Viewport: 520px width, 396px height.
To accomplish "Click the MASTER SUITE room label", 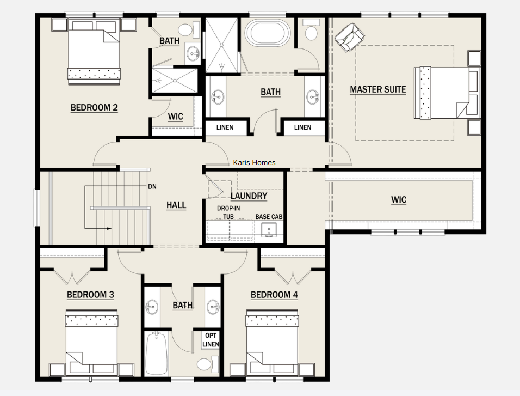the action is coord(377,89).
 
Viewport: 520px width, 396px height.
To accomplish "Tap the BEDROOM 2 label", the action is coord(94,108).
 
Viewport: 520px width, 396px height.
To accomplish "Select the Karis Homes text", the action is coord(255,162).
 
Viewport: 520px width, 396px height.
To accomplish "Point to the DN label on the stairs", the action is coord(152,187).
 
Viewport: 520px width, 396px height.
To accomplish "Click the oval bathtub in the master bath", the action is coord(267,33).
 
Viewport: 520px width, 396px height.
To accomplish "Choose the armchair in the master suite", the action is coord(349,37).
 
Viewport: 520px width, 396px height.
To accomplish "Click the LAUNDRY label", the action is coord(249,196).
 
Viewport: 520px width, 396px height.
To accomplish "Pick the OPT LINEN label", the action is coord(211,340).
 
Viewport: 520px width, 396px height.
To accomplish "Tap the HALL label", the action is coord(176,205).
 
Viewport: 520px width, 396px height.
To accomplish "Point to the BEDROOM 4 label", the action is coord(274,295).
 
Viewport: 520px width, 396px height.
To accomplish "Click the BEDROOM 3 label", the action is coord(90,295).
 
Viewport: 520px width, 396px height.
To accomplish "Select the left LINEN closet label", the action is coord(225,127).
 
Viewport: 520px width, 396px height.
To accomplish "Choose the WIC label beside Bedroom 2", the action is coord(176,117).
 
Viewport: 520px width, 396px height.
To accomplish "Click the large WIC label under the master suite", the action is coord(399,200).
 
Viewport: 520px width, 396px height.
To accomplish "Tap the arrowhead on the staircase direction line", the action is coord(109,229).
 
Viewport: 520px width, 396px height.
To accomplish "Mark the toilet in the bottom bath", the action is coord(208,364).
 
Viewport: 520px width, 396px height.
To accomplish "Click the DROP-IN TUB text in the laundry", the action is coord(228,212).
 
